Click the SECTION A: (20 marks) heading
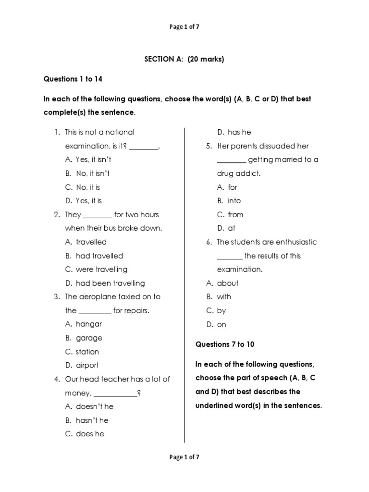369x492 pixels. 184,60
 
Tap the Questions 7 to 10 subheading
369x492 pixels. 225,344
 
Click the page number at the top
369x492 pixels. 184,27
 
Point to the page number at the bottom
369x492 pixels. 184,457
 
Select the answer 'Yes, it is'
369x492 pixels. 88,201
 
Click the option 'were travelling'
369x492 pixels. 101,270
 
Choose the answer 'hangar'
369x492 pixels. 89,324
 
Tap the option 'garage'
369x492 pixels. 89,338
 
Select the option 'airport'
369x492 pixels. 87,365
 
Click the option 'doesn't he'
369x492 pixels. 95,406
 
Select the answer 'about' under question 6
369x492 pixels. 227,283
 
